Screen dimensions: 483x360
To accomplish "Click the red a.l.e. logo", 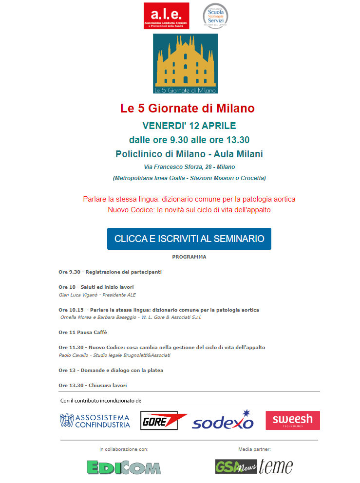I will point(166,16).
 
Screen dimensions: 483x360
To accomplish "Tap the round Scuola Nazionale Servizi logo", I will point(215,16).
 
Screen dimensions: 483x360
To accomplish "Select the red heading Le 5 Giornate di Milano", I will point(188,108).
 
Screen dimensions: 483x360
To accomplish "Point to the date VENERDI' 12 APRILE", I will point(189,126).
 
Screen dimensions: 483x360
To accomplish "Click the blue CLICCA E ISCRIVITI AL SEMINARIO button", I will point(189,239).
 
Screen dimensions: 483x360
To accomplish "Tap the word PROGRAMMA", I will point(189,257).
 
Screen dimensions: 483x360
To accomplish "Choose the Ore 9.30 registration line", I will point(110,272).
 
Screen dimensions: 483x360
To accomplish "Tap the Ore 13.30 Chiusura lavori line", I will point(93,385).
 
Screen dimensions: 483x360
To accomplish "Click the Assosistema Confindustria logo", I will point(95,421).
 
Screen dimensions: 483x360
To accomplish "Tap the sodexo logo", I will point(223,421).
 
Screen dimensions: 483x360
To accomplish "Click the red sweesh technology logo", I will point(292,421).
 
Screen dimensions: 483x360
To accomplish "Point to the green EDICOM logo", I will point(124,467).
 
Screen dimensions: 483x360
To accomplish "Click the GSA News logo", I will point(236,466).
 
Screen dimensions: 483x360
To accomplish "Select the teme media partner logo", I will point(276,466).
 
